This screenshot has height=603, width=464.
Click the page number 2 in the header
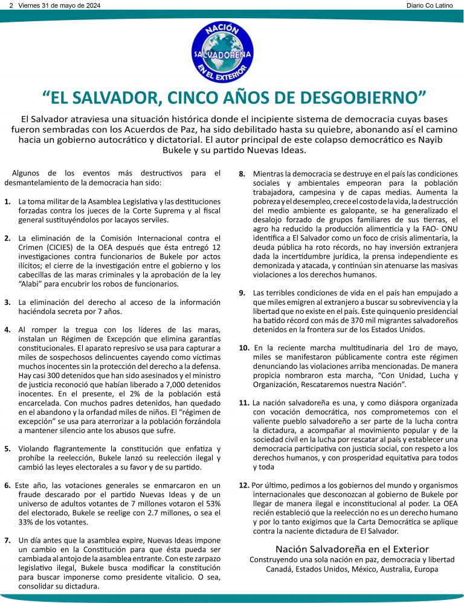11,5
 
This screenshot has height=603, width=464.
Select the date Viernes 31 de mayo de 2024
59,5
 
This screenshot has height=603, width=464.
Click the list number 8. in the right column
242,174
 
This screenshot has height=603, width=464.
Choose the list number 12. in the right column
243,484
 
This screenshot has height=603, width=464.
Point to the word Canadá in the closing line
280,569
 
